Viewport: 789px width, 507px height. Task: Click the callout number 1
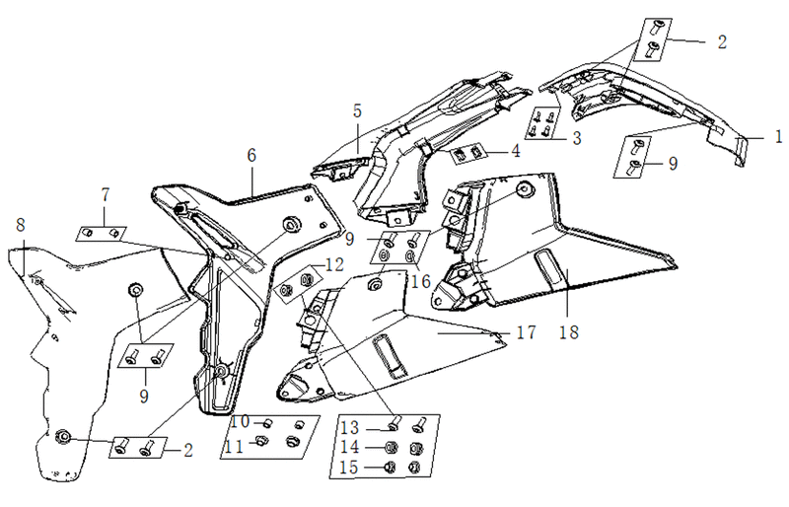[x=778, y=136]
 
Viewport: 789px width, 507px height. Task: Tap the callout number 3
[x=577, y=137]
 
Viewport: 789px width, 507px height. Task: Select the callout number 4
[x=515, y=151]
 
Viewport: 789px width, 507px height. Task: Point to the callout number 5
[x=357, y=110]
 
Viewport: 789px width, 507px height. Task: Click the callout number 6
[x=251, y=155]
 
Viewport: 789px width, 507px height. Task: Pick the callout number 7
[x=105, y=194]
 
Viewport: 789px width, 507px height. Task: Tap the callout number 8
[x=20, y=225]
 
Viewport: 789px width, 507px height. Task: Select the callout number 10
[x=241, y=421]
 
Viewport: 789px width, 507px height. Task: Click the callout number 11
[x=235, y=447]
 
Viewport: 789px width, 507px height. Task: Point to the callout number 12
[x=334, y=264]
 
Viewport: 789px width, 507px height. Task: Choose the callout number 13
[x=350, y=428]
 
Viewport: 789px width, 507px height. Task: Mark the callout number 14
[x=350, y=447]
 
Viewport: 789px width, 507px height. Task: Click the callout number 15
[x=350, y=468]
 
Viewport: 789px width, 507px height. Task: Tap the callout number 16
[x=421, y=281]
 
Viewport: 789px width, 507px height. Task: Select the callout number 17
[x=526, y=332]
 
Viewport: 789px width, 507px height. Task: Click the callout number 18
[x=569, y=332]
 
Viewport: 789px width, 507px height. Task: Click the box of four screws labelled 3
[x=542, y=124]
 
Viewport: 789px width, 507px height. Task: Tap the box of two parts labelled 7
[x=102, y=234]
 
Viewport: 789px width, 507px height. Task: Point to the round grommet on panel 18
[x=525, y=189]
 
